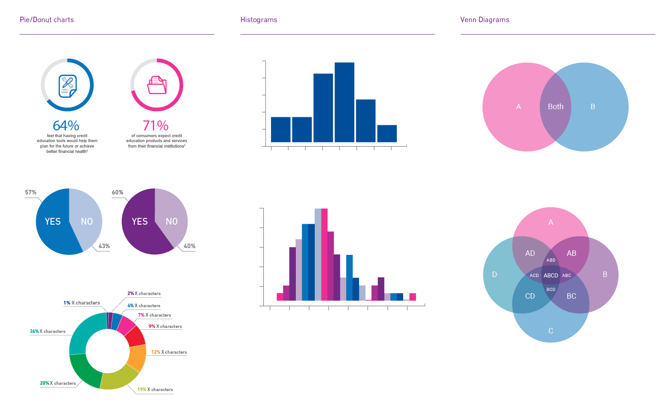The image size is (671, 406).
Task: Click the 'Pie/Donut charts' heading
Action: pos(47,20)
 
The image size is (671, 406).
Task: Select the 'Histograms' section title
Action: pos(259,20)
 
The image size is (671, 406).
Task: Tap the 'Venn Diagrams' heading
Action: pos(485,20)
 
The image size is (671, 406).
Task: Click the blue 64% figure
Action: pos(66,125)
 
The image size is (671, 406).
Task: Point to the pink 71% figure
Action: pos(156,125)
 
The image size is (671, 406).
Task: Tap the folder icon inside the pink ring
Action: pos(157,85)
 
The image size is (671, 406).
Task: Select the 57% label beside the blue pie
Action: pos(31,193)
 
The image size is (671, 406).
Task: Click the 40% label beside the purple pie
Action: pos(189,246)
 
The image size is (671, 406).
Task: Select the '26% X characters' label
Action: pos(48,332)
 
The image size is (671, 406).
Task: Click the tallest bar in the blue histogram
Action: pos(345,102)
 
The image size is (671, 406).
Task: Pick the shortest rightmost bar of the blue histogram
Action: pos(387,134)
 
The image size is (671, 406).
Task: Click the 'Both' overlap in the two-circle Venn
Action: pos(556,107)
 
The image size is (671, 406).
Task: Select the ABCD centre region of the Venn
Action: pos(551,276)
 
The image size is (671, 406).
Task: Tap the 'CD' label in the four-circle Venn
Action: pos(530,296)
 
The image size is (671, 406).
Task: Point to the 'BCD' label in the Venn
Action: pos(551,290)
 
